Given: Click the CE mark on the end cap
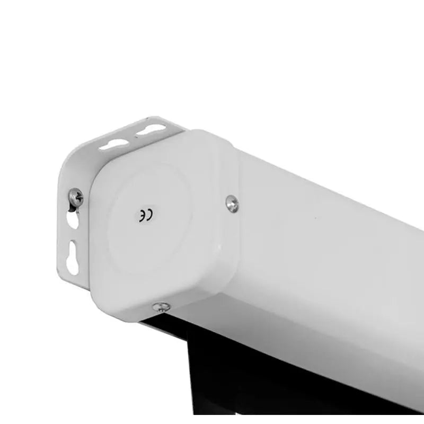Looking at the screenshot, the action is (x=146, y=216).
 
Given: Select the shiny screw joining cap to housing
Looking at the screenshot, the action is (x=232, y=204).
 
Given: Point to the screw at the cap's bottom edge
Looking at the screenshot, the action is (x=162, y=307).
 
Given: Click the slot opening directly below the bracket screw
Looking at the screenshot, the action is (x=72, y=219).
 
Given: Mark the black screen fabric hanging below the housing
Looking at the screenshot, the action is (x=270, y=378).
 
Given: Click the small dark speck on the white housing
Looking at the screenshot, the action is (x=315, y=217).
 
